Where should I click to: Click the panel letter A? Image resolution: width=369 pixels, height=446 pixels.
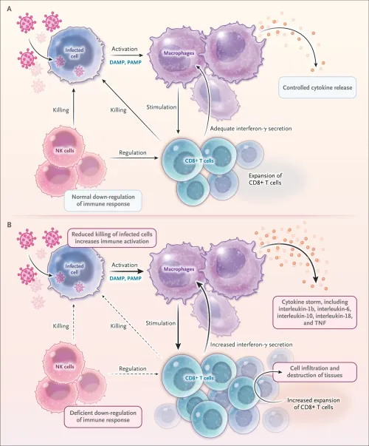coord(8,9)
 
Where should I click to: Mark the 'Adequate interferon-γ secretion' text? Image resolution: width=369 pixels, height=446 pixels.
coord(246,128)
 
